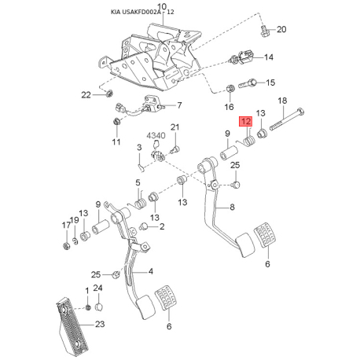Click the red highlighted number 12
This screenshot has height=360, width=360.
(x=245, y=121)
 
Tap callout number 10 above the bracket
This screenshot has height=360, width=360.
(x=162, y=6)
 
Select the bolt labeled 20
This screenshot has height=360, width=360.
(x=265, y=31)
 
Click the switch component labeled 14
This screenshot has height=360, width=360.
(x=241, y=58)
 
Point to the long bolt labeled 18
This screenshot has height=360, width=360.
(x=287, y=119)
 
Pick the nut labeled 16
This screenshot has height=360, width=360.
(x=230, y=89)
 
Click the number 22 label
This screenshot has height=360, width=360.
(x=86, y=95)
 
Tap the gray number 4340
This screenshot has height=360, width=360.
(x=156, y=135)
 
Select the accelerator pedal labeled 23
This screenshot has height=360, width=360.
(x=72, y=327)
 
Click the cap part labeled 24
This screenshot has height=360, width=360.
(x=98, y=307)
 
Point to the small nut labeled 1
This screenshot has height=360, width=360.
(x=88, y=307)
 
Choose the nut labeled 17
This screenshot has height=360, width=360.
(x=67, y=246)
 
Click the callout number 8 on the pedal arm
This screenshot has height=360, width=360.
(x=232, y=207)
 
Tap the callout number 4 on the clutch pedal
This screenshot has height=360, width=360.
(x=151, y=271)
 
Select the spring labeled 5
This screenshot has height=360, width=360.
(x=139, y=203)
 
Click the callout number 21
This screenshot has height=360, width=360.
(x=174, y=127)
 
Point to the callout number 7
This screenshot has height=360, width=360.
(x=179, y=105)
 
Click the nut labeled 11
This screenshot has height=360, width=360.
(x=116, y=122)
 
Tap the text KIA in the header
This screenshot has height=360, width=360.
(x=116, y=12)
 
